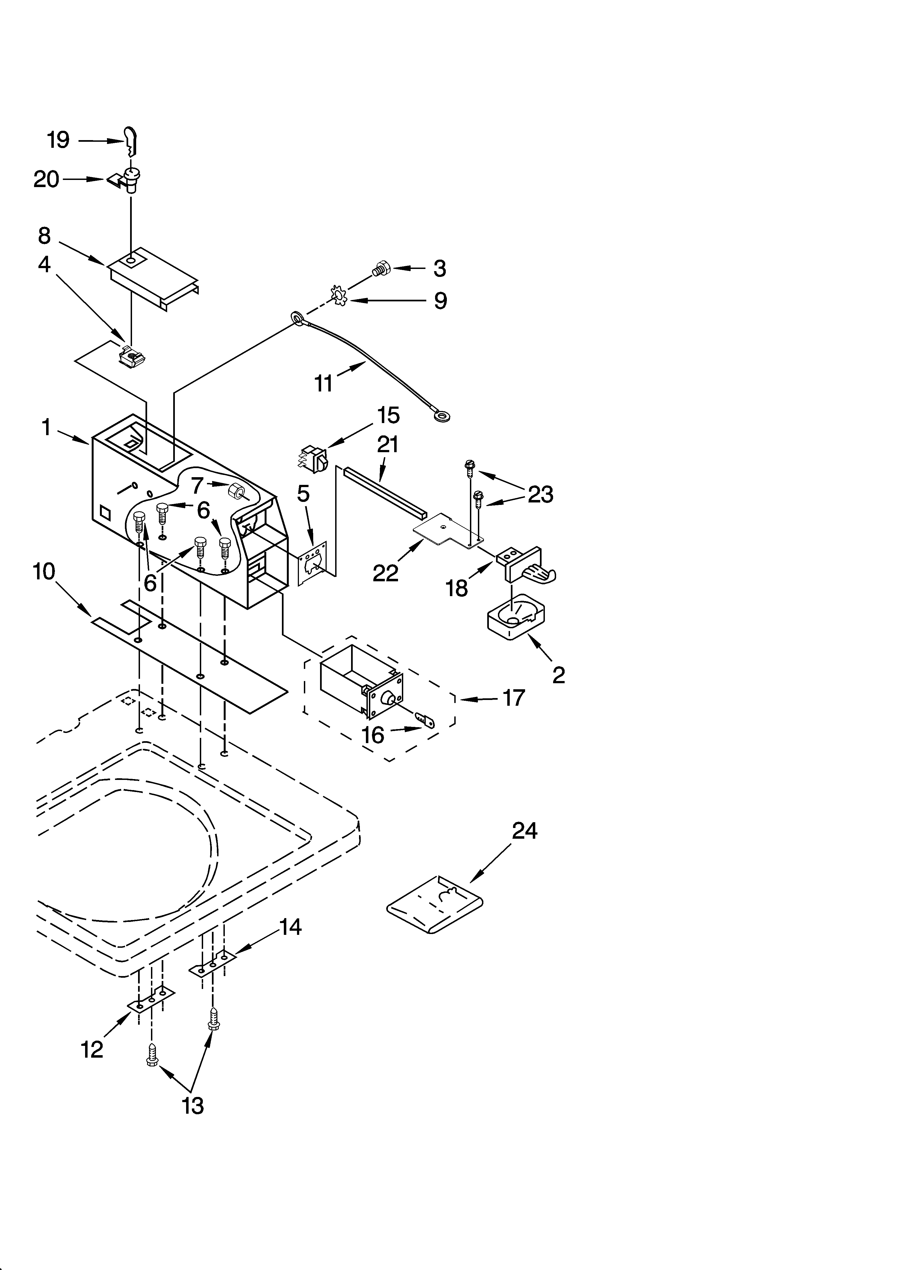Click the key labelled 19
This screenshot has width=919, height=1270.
tap(131, 141)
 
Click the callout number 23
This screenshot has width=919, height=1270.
tap(540, 494)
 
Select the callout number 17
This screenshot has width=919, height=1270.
tap(514, 698)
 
